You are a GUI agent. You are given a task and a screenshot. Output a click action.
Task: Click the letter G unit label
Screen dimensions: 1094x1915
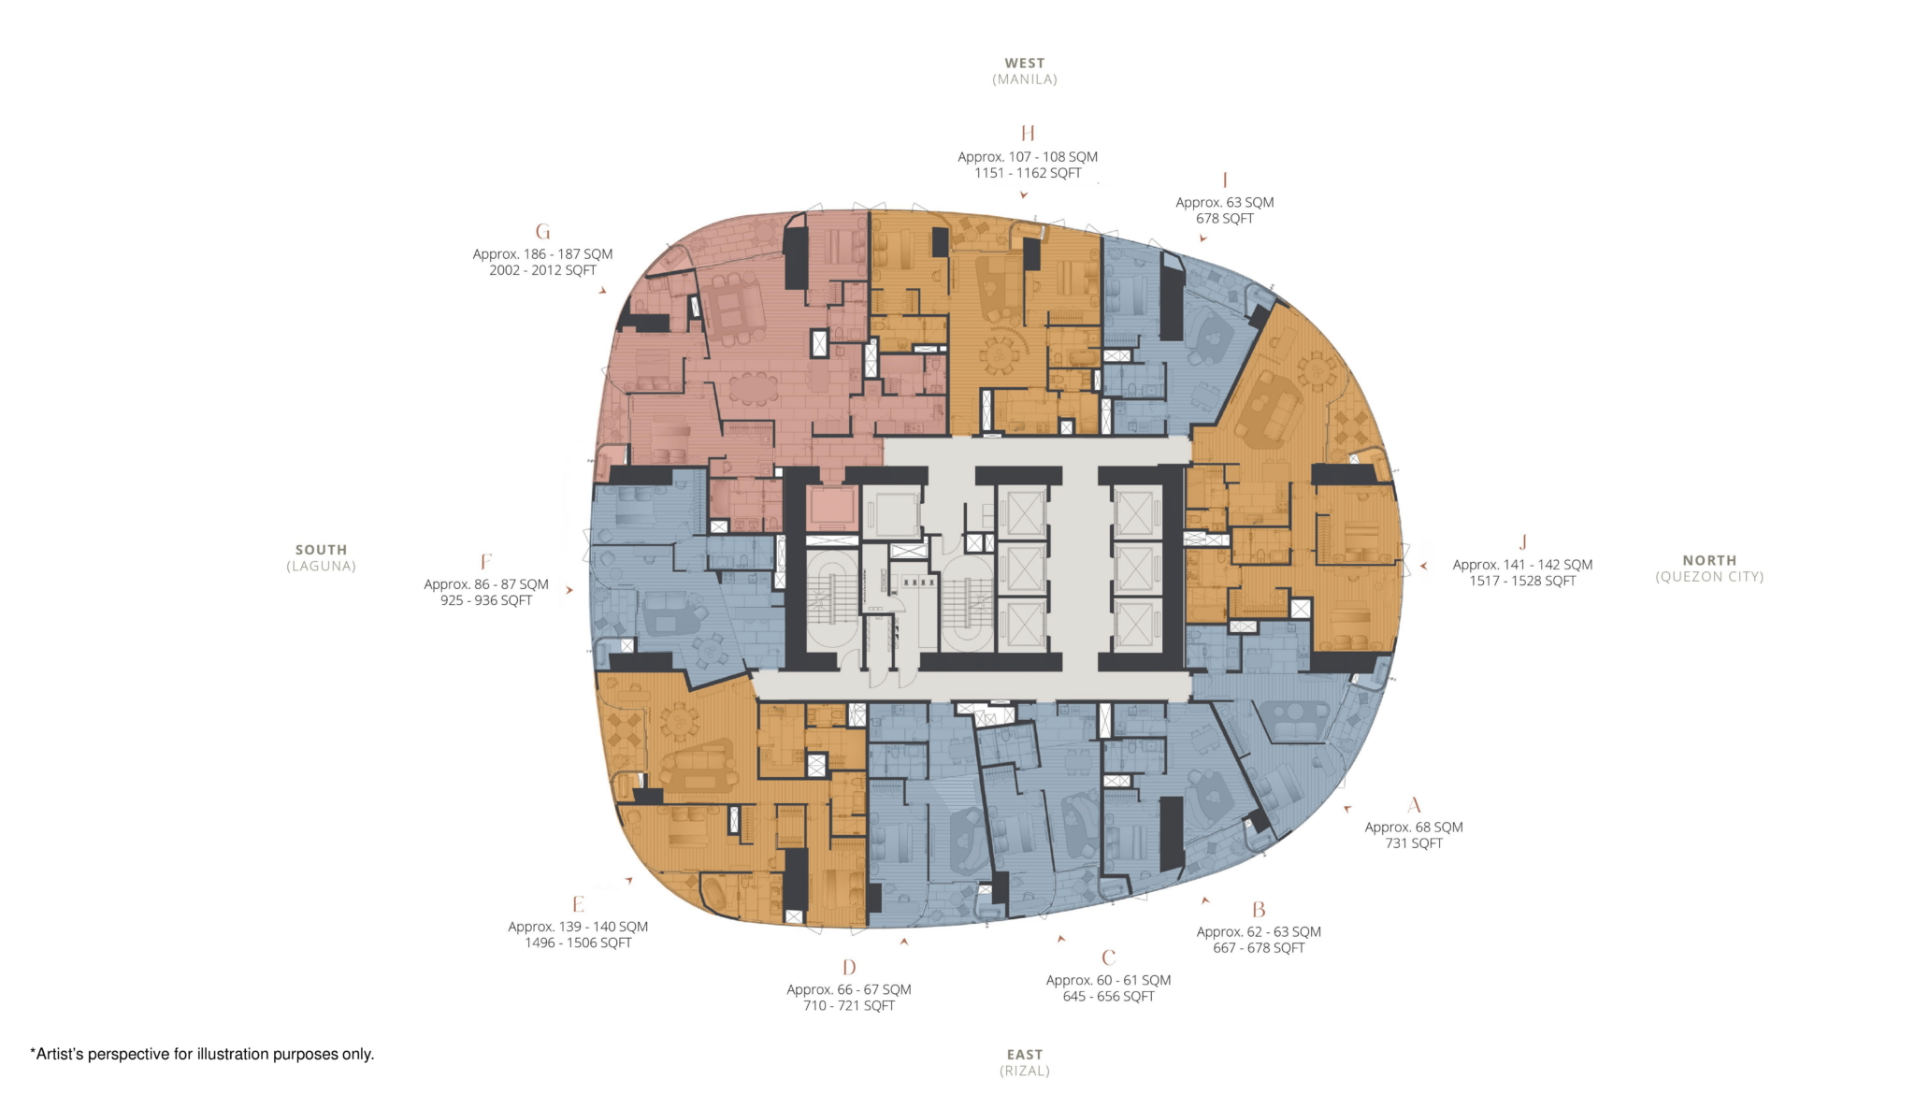[542, 232]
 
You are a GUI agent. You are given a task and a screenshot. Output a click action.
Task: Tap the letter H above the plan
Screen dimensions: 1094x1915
[1028, 133]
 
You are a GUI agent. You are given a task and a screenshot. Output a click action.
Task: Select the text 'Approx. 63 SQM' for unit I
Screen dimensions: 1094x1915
[1224, 202]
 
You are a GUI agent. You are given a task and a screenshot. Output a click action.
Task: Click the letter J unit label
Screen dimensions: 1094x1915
[1522, 542]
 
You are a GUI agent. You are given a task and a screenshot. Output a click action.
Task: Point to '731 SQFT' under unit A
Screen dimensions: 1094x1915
[1414, 843]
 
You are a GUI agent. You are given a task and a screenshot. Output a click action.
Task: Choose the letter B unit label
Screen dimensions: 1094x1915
[1259, 910]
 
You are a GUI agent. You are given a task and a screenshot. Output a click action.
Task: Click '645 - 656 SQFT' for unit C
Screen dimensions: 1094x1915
[1108, 997]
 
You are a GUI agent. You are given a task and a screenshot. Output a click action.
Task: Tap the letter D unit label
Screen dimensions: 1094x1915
[849, 968]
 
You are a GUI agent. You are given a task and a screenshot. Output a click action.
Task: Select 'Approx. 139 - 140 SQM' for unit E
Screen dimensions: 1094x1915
[578, 927]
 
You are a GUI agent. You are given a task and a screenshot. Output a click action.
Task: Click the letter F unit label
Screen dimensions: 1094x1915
[485, 562]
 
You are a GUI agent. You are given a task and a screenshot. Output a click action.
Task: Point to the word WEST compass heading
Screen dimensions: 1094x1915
[1025, 64]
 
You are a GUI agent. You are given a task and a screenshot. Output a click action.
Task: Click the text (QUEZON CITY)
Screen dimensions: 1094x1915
[1709, 577]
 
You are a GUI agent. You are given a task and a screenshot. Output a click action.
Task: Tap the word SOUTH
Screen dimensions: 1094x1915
[321, 550]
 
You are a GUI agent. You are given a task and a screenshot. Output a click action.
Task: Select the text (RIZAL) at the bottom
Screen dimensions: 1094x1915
[1025, 1071]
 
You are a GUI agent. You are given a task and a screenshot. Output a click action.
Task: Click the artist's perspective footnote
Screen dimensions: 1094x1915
[203, 1054]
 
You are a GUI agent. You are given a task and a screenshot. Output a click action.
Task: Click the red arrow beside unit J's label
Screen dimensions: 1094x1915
[1423, 566]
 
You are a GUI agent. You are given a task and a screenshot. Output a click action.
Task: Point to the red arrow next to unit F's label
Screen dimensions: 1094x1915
[569, 590]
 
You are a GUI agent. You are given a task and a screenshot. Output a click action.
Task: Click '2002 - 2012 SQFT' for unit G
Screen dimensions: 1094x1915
[542, 270]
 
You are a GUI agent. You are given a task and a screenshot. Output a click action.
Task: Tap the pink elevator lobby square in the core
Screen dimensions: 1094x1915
[831, 508]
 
